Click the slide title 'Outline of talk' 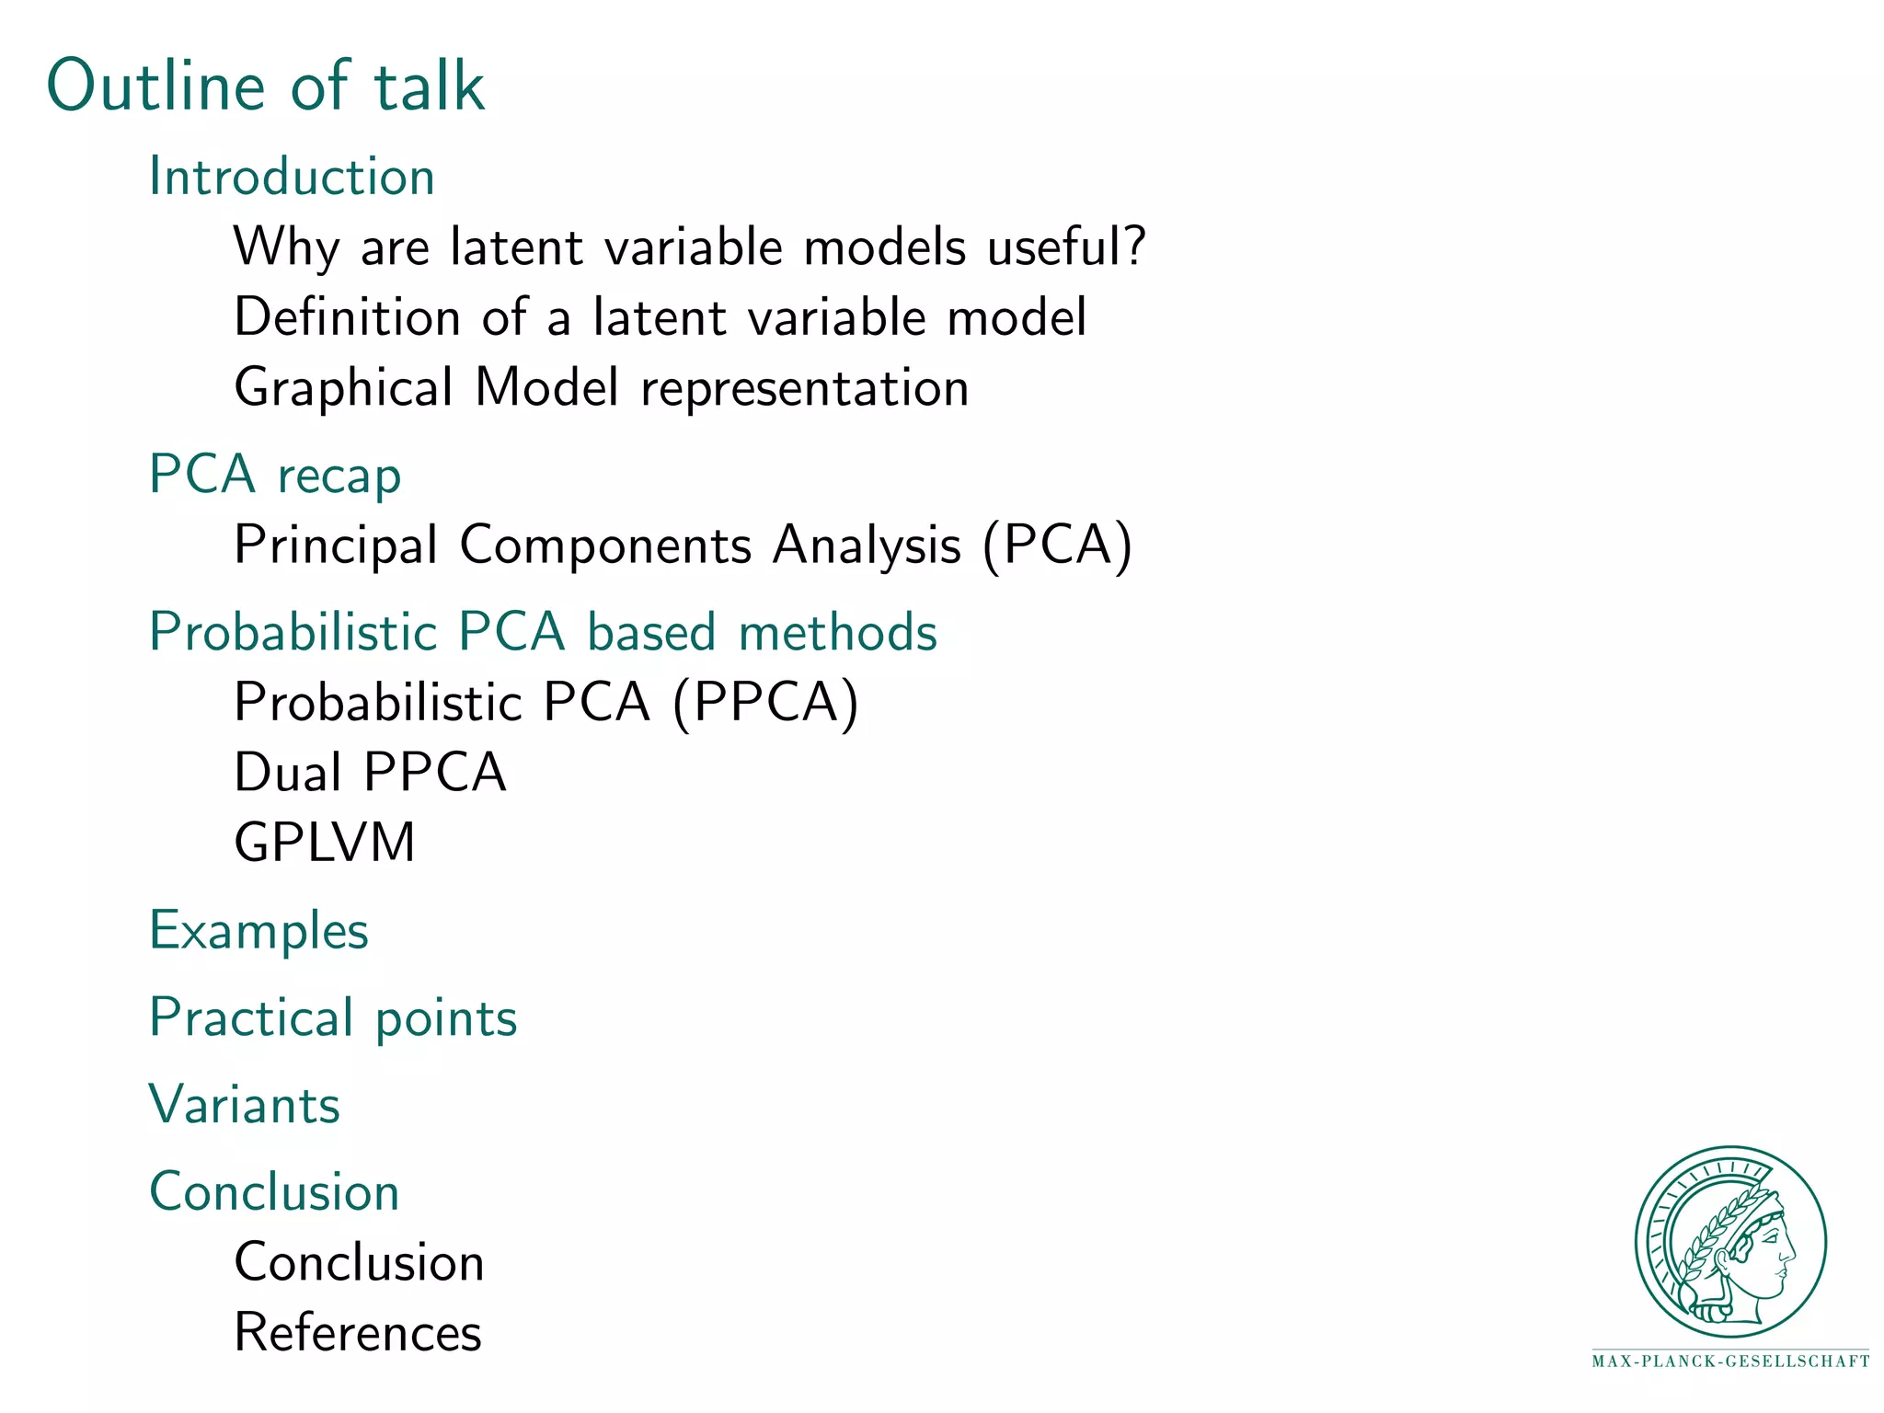(266, 86)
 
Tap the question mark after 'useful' (1135, 246)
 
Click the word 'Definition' (347, 316)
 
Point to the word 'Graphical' (343, 387)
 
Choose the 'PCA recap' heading (275, 475)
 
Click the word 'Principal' (336, 545)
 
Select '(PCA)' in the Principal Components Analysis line (1057, 545)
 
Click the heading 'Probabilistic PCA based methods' (543, 632)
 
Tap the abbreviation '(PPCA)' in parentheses (765, 702)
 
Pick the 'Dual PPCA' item (370, 772)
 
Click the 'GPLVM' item (325, 842)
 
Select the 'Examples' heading (258, 930)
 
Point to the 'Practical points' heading (333, 1017)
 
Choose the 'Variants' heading (245, 1105)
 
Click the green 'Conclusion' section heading (274, 1192)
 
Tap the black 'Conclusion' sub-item (359, 1262)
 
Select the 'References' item (358, 1332)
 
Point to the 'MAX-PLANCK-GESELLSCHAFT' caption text (1730, 1361)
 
